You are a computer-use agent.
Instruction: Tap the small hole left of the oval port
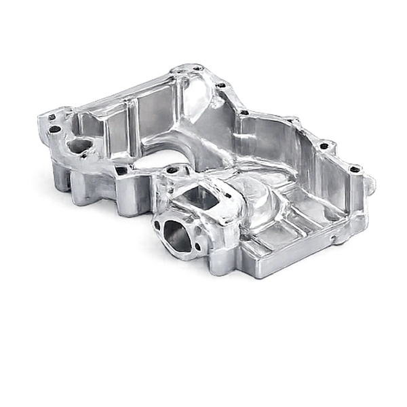(157, 225)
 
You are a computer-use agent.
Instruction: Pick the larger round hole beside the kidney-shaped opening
(56, 129)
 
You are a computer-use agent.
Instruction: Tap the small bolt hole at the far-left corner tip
(51, 117)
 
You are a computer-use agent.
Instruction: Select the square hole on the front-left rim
(123, 171)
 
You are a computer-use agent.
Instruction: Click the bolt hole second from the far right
(324, 146)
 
